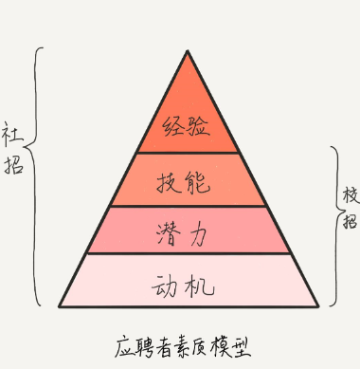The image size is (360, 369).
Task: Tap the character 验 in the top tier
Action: click(x=200, y=125)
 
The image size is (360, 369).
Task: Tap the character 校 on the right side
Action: click(x=350, y=195)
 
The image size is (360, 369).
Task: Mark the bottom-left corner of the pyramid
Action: click(x=60, y=306)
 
